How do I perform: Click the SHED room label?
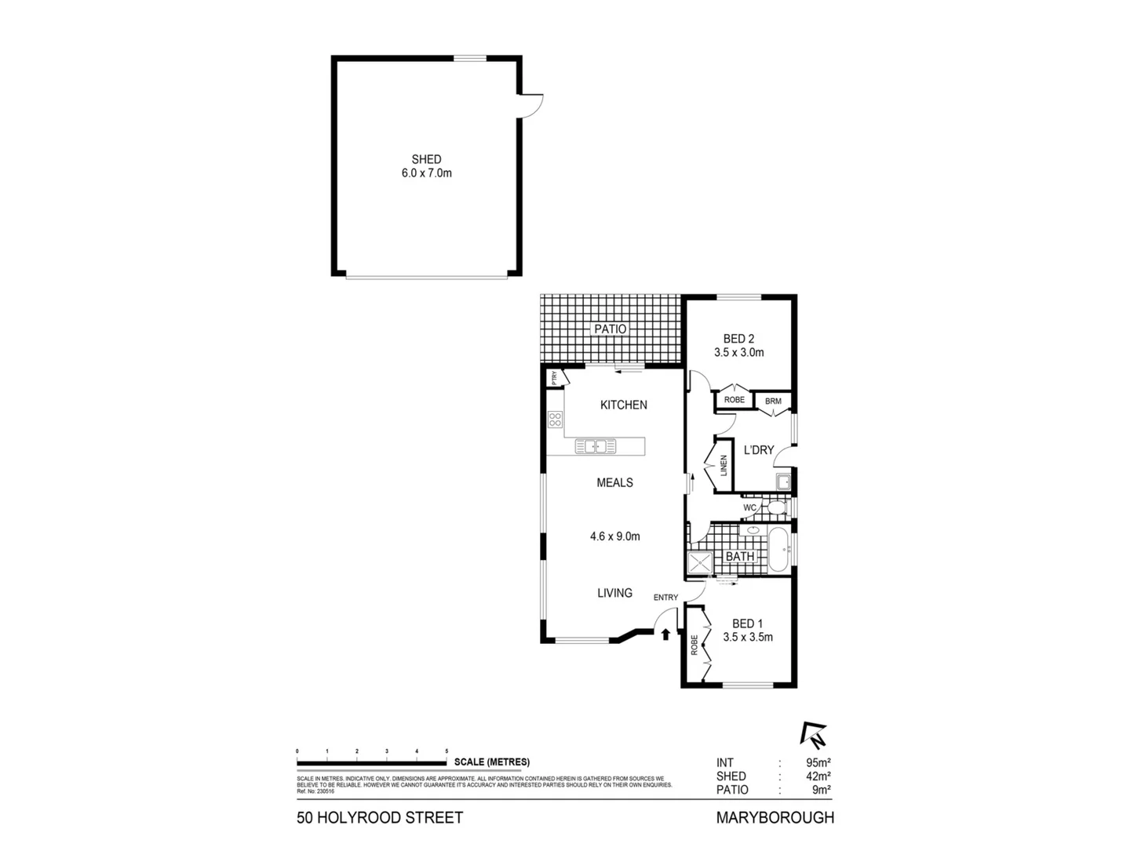pos(426,159)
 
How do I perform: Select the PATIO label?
pos(610,329)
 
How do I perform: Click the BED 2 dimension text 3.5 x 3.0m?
pos(738,353)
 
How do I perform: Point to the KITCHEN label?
pos(624,405)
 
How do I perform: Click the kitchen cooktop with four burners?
pos(556,420)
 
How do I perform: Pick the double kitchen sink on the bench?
pos(596,446)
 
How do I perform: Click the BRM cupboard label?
pos(773,402)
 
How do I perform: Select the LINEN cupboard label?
pos(724,466)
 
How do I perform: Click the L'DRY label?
pos(759,450)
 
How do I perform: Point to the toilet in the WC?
pos(775,509)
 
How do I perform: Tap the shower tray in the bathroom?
pos(699,562)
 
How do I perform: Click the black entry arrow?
pos(665,634)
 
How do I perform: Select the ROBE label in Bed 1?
pos(694,645)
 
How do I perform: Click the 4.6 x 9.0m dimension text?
pos(615,536)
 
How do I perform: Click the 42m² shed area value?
pos(818,776)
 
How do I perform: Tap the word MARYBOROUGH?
pos(775,818)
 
